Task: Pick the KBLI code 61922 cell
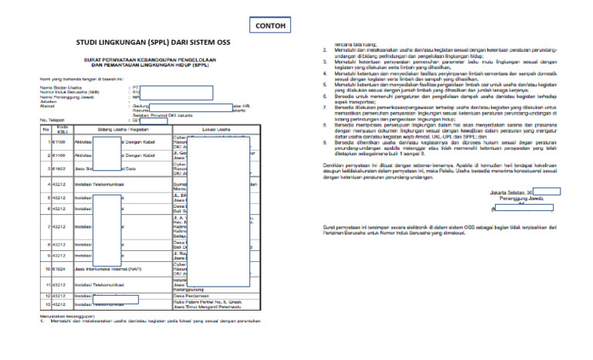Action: (59, 168)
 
